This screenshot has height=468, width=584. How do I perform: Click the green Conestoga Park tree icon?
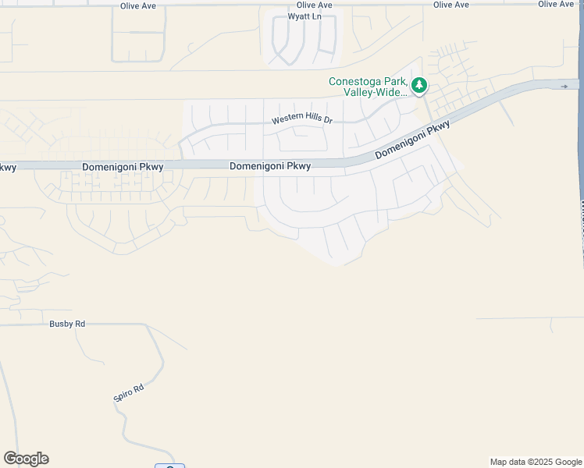click(x=419, y=85)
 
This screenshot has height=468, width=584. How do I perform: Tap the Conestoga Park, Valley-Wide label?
click(x=368, y=87)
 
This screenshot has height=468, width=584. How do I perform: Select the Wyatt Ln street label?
click(x=304, y=16)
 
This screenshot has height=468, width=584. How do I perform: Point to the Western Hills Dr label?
click(x=302, y=121)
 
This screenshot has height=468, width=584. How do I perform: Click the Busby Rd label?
click(x=66, y=323)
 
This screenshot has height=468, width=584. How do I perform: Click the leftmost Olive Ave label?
click(x=138, y=5)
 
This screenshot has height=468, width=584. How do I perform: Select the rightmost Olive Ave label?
click(x=556, y=5)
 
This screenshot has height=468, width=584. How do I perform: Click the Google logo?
click(x=26, y=459)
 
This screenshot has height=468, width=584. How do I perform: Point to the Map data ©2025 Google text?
click(x=536, y=462)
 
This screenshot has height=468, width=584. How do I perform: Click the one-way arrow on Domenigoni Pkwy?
click(x=564, y=86)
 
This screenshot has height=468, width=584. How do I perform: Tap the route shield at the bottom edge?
click(x=169, y=466)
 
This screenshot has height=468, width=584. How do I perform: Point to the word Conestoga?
click(x=354, y=81)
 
